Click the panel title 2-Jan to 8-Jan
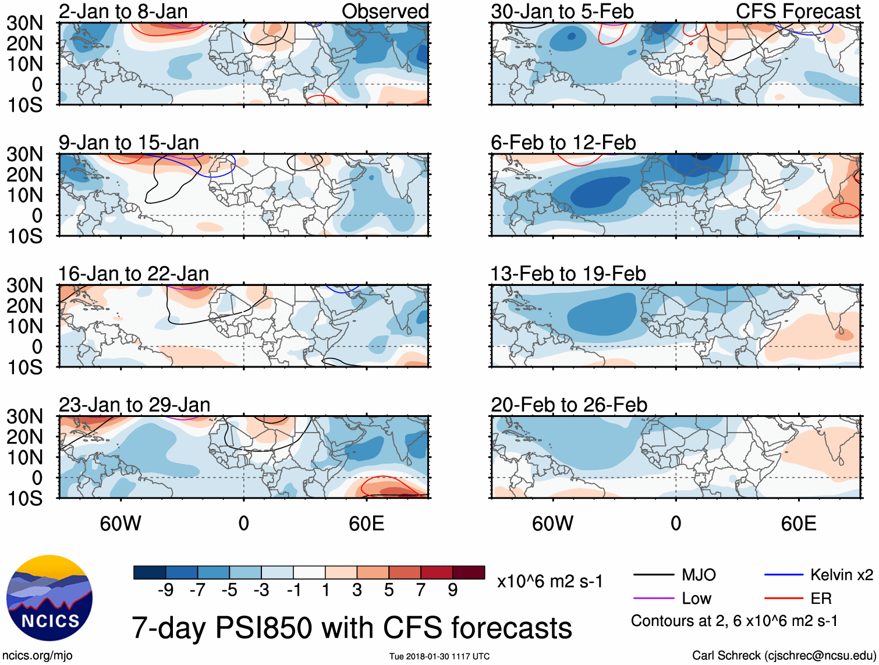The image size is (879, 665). click(x=123, y=12)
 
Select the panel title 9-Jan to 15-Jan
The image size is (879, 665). click(x=129, y=143)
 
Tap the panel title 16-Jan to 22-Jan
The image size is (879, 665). click(x=133, y=274)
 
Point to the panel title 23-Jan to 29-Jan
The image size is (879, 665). click(x=134, y=405)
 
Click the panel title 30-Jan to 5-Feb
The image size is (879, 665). click(x=562, y=12)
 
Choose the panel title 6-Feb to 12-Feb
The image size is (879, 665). click(x=563, y=143)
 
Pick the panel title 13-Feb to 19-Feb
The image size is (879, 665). click(x=568, y=274)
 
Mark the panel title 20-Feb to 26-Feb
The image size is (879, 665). click(x=569, y=405)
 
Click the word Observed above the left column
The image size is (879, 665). click(x=385, y=12)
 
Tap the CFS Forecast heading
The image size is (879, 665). click(x=798, y=12)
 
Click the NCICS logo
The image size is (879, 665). click(x=49, y=598)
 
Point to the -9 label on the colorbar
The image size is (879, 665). click(x=165, y=590)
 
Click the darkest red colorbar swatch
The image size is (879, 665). click(x=469, y=572)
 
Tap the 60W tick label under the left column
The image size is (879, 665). click(x=120, y=523)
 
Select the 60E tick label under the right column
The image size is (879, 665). click(x=798, y=523)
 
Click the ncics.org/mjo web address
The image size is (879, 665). click(x=37, y=656)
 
